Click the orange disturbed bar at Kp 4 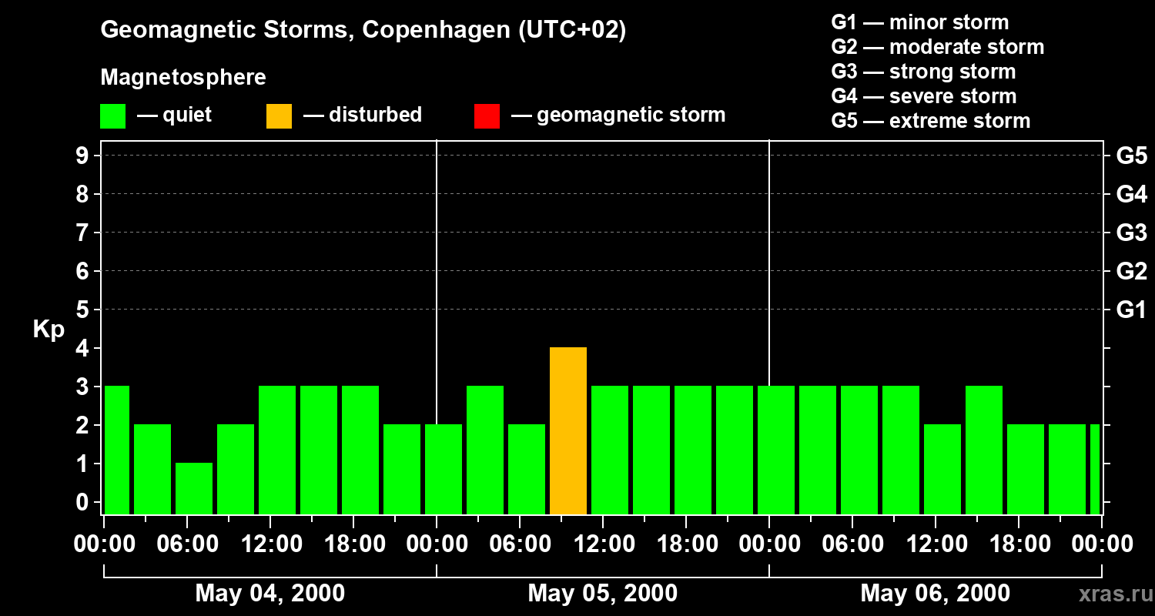pos(568,431)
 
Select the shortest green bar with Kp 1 pos(194,488)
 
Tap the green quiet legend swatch pos(112,115)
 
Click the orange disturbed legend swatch pos(279,115)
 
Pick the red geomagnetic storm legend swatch pos(487,115)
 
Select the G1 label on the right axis pos(1131,310)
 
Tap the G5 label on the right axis pos(1131,156)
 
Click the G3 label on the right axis pos(1131,233)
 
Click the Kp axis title pos(49,330)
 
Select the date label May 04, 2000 pos(269,593)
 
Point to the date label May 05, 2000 pos(602,593)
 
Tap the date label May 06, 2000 pos(935,593)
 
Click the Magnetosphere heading pos(183,78)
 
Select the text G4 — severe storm pos(923,96)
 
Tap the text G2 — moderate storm pos(937,47)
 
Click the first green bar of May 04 pos(117,450)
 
